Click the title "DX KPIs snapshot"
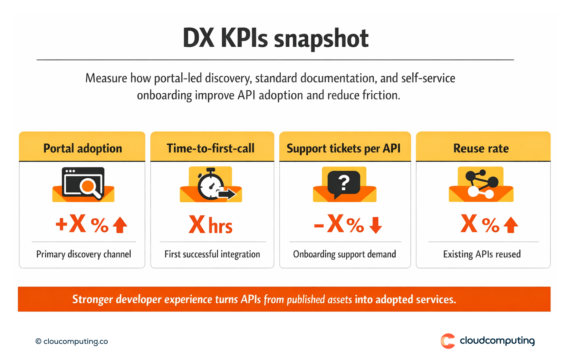pyautogui.click(x=276, y=38)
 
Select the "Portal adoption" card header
pyautogui.click(x=83, y=148)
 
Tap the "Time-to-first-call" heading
pyautogui.click(x=211, y=148)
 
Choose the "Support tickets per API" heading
pyautogui.click(x=344, y=148)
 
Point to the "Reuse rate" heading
pyautogui.click(x=481, y=148)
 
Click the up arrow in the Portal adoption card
pyautogui.click(x=120, y=225)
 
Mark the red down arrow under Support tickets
pyautogui.click(x=375, y=225)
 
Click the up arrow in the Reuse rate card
pyautogui.click(x=511, y=225)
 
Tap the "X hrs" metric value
pyautogui.click(x=211, y=225)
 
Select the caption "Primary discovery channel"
pyautogui.click(x=84, y=254)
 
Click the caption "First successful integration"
pyautogui.click(x=212, y=254)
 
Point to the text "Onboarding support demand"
pyautogui.click(x=344, y=254)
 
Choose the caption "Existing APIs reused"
pyautogui.click(x=482, y=254)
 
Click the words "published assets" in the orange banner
pyautogui.click(x=319, y=300)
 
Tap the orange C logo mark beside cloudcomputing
pyautogui.click(x=448, y=341)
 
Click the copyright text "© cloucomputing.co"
pyautogui.click(x=72, y=341)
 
